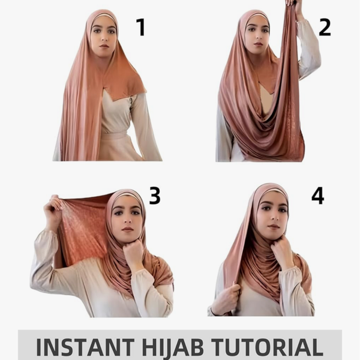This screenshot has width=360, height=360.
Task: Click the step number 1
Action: (x=141, y=28)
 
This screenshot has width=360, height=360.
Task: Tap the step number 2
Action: (x=325, y=28)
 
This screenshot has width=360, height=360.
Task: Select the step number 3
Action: (x=155, y=196)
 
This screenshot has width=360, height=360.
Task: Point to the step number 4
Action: (x=318, y=196)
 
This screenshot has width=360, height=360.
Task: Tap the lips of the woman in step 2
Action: (x=258, y=44)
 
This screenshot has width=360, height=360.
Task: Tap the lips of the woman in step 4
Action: (x=273, y=227)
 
